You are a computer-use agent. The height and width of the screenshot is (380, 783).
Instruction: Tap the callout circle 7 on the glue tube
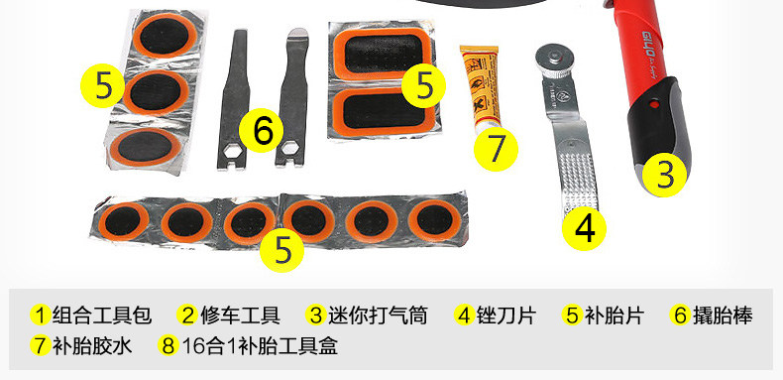pyautogui.click(x=497, y=150)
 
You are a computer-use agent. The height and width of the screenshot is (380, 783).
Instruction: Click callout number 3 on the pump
pyautogui.click(x=666, y=175)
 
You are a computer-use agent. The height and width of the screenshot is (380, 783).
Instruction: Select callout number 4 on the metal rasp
pyautogui.click(x=585, y=228)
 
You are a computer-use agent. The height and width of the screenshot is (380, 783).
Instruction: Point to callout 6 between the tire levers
pyautogui.click(x=262, y=130)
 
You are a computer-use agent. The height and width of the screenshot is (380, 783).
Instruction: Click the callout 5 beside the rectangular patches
pyautogui.click(x=424, y=85)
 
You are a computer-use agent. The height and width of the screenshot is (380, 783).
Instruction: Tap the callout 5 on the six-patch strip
pyautogui.click(x=283, y=249)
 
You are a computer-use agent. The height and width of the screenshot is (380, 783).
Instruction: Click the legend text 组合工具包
pyautogui.click(x=101, y=317)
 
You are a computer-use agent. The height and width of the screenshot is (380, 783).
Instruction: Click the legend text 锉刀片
pyautogui.click(x=508, y=317)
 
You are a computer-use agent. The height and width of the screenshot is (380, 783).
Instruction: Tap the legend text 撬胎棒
pyautogui.click(x=723, y=317)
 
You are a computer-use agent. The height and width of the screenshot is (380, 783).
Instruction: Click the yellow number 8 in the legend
pyautogui.click(x=168, y=347)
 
